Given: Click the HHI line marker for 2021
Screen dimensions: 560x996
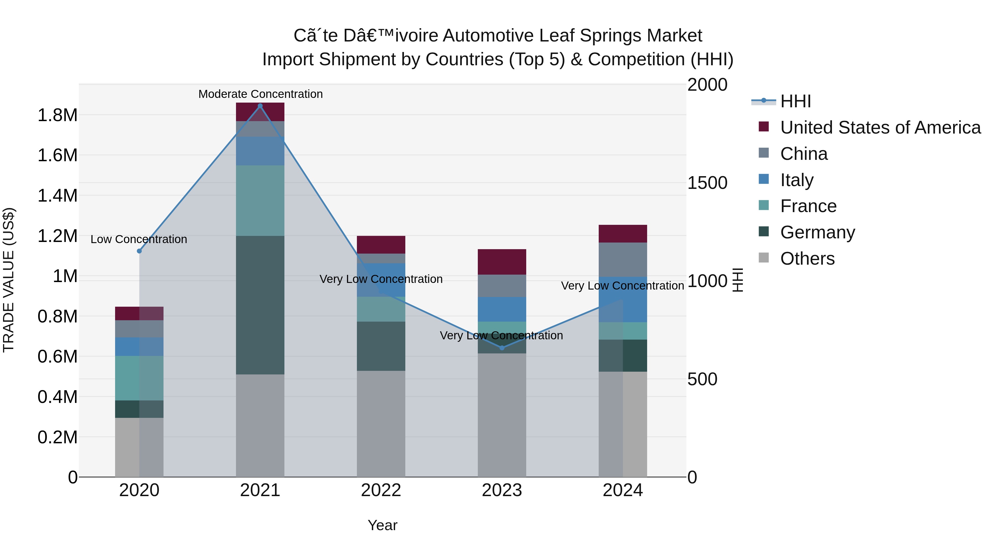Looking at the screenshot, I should pyautogui.click(x=260, y=106).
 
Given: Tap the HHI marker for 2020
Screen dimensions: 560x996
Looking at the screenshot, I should pyautogui.click(x=139, y=251).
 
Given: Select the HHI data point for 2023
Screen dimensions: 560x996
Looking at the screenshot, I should pyautogui.click(x=502, y=348).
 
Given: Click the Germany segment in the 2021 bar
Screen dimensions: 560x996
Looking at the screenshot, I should pyautogui.click(x=260, y=305).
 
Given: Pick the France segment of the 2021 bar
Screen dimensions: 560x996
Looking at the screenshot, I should pyautogui.click(x=260, y=200).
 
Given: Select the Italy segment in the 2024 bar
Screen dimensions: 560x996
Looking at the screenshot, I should pyautogui.click(x=623, y=299).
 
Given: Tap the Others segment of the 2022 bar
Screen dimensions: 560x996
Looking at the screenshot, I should pyautogui.click(x=381, y=424).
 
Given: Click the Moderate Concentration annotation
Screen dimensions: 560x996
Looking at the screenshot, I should pyautogui.click(x=260, y=94).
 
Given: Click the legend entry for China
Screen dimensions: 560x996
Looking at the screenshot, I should pyautogui.click(x=803, y=154).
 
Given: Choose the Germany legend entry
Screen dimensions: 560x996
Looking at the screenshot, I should pyautogui.click(x=817, y=232).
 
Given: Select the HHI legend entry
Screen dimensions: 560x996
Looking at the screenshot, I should pyautogui.click(x=795, y=101).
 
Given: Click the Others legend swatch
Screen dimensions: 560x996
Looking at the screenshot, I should pyautogui.click(x=764, y=258).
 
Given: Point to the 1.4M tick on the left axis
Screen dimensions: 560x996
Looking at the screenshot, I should pyautogui.click(x=57, y=196).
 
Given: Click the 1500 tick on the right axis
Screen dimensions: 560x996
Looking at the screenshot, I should pyautogui.click(x=707, y=183).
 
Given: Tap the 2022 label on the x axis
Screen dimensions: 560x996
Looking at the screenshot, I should pyautogui.click(x=381, y=490).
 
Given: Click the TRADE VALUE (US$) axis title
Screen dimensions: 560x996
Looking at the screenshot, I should pyautogui.click(x=9, y=280).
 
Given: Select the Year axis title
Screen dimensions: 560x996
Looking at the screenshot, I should pyautogui.click(x=382, y=525).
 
